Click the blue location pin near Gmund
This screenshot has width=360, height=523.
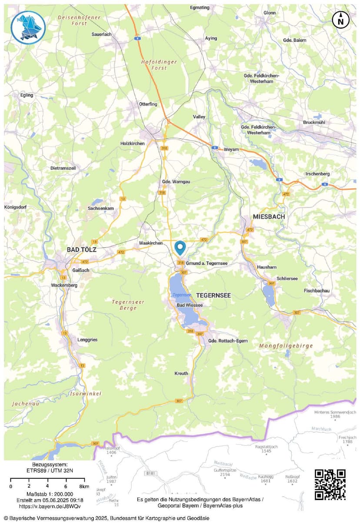pyautogui.click(x=180, y=247)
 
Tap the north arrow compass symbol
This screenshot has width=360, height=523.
pyautogui.click(x=341, y=20)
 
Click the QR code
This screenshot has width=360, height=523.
pyautogui.click(x=330, y=484)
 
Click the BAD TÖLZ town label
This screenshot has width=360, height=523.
pyautogui.click(x=81, y=250)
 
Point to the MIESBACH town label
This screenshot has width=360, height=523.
pyautogui.click(x=269, y=216)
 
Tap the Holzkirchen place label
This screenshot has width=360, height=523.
pyautogui.click(x=132, y=143)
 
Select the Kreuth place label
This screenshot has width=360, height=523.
pyautogui.click(x=181, y=374)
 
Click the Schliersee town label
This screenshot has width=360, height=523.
pyautogui.click(x=287, y=278)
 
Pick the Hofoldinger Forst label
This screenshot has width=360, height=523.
pyautogui.click(x=159, y=65)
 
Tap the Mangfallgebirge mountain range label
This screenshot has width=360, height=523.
pyautogui.click(x=286, y=346)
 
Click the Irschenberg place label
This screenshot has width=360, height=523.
pyautogui.click(x=317, y=174)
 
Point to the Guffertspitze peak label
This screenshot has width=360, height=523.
pyautogui.click(x=225, y=470)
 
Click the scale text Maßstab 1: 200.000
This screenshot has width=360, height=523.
pyautogui.click(x=50, y=494)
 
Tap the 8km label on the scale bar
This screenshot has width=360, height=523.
pyautogui.click(x=84, y=486)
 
